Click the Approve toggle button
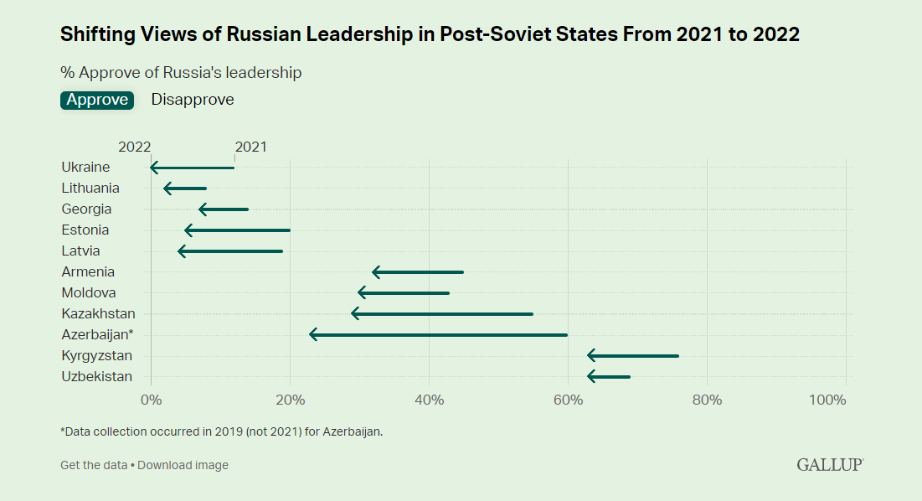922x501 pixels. tap(97, 100)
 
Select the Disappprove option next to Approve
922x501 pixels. tap(193, 100)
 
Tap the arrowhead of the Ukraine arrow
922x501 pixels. tap(154, 168)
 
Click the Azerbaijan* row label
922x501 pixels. tap(97, 334)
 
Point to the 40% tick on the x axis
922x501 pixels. tap(429, 400)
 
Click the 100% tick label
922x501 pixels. tap(828, 400)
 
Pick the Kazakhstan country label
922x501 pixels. tap(98, 313)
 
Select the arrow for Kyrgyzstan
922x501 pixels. tap(633, 355)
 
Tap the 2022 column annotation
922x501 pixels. tap(134, 147)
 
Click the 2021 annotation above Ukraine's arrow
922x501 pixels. tap(250, 147)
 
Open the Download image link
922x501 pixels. tap(183, 465)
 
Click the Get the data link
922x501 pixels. tap(94, 465)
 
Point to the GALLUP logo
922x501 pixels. tap(829, 464)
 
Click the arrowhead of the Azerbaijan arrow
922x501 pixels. tap(313, 334)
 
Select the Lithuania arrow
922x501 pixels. tap(186, 189)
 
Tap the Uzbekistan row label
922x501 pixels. tap(96, 376)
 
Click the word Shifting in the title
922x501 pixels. tap(92, 34)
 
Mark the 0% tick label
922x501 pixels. tap(151, 400)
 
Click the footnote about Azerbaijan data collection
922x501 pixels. tap(222, 431)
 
